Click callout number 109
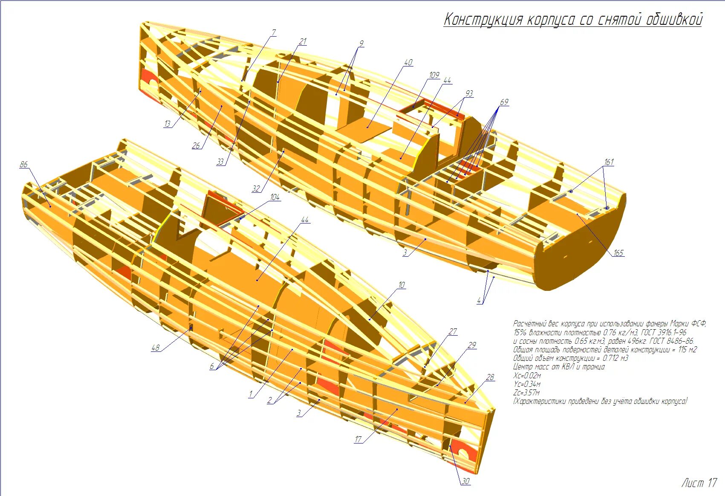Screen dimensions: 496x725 pos(434,75)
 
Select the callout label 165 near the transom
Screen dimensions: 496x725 pos(618,253)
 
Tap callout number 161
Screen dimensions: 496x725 pos(609,162)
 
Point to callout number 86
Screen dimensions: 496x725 pos(23,164)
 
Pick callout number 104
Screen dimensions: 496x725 pos(274,197)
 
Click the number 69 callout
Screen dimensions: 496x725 pos(504,102)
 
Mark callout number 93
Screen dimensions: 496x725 pos(469,93)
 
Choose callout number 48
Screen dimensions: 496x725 pos(156,348)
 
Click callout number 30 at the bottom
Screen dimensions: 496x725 pos(465,481)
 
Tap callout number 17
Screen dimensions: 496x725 pos(358,439)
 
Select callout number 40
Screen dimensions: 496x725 pos(408,62)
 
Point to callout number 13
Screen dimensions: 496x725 pos(167,124)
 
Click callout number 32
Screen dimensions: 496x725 pos(256,189)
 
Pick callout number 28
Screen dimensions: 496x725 pos(490,377)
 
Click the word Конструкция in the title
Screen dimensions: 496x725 pos(483,20)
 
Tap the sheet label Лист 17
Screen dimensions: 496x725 pos(699,483)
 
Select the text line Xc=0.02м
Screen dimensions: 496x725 pos(527,375)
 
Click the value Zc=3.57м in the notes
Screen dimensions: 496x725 pos(526,392)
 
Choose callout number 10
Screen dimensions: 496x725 pos(401,285)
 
